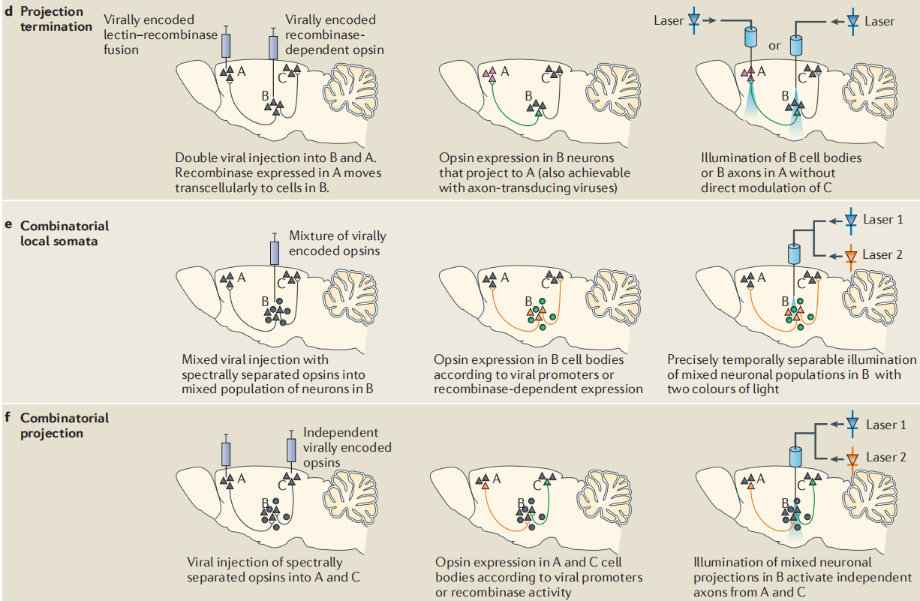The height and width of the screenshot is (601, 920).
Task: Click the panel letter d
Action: point(8,12)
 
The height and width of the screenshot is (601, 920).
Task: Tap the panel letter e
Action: point(8,225)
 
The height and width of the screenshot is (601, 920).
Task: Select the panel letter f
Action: point(8,418)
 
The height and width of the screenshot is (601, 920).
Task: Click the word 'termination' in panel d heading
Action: point(57,26)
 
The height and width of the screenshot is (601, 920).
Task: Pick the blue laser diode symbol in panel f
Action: point(851,425)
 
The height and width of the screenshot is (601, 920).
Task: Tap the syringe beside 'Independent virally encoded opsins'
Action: point(291,450)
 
